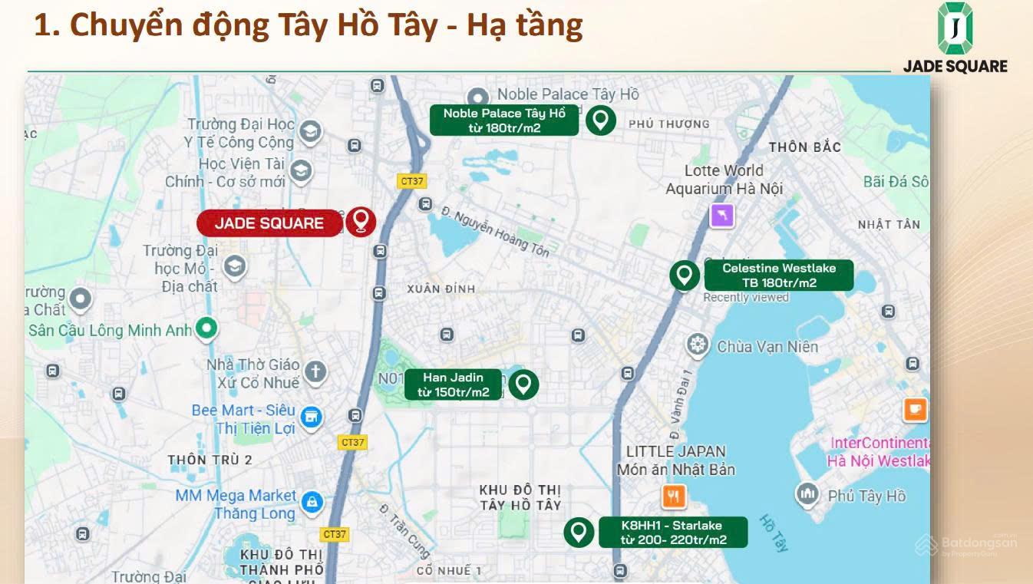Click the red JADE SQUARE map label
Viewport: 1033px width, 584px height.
coord(269,223)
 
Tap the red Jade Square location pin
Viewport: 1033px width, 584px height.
coord(360,221)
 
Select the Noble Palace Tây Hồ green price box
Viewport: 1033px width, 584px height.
coord(503,120)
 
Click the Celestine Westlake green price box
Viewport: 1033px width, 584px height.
coord(778,276)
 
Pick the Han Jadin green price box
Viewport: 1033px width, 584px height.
coord(453,385)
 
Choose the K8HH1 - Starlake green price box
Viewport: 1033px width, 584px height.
coord(672,533)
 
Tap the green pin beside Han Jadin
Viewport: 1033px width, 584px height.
coord(523,384)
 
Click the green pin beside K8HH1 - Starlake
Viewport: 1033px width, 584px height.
coord(579,532)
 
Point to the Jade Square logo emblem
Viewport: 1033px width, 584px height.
coord(955,28)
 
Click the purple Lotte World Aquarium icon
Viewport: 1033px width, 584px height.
coord(722,216)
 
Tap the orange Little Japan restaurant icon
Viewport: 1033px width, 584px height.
coord(674,497)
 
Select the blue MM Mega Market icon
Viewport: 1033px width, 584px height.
coord(311,503)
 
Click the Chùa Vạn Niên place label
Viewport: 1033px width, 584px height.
coord(767,347)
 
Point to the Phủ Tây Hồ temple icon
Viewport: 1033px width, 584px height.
coord(807,495)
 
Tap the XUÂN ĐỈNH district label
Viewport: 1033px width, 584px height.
coord(441,289)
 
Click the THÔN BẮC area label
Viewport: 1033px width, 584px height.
coord(804,147)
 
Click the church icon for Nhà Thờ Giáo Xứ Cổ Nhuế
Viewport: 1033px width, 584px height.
coord(314,372)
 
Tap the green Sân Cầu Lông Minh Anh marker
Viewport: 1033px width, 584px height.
coord(206,329)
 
